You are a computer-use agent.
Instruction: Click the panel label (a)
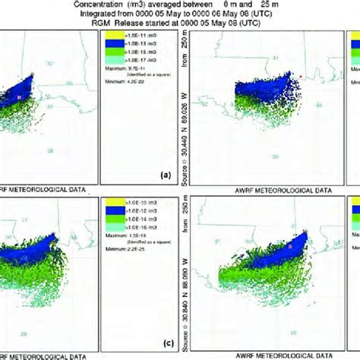coord(163,174)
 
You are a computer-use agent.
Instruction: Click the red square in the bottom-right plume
coord(289,246)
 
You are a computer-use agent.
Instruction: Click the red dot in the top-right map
coord(301,77)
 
